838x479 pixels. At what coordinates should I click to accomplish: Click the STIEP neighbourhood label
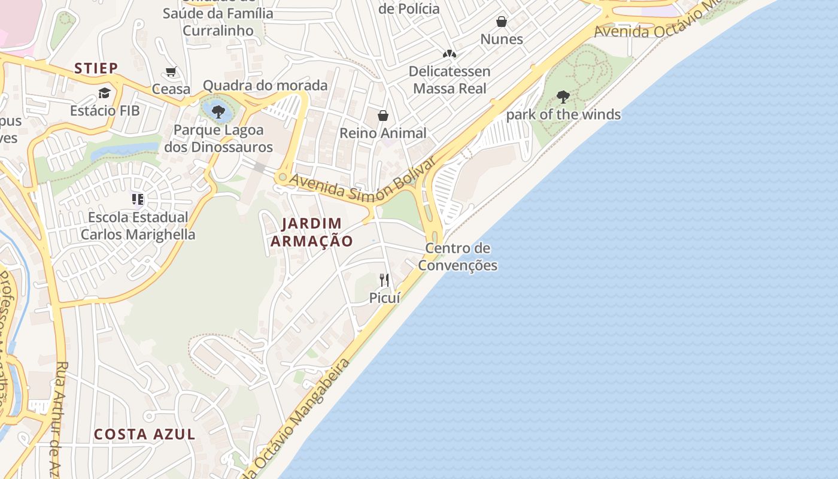pyautogui.click(x=96, y=68)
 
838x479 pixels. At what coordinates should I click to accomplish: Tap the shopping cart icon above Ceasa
pyautogui.click(x=171, y=72)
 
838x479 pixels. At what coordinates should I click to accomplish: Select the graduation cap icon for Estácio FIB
pyautogui.click(x=105, y=93)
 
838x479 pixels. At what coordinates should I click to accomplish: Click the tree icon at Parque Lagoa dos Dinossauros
pyautogui.click(x=218, y=111)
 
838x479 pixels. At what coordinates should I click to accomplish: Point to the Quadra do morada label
pyautogui.click(x=265, y=86)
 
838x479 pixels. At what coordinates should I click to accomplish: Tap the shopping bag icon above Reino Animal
pyautogui.click(x=383, y=116)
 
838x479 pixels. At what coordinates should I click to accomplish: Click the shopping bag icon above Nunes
pyautogui.click(x=502, y=22)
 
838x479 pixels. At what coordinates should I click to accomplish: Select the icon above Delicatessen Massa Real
pyautogui.click(x=450, y=54)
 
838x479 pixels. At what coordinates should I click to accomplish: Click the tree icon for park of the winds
pyautogui.click(x=563, y=96)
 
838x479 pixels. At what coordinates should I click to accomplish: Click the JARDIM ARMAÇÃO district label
pyautogui.click(x=311, y=232)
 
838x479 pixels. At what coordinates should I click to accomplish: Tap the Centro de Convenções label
pyautogui.click(x=458, y=256)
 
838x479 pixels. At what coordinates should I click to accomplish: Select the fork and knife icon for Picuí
pyautogui.click(x=384, y=280)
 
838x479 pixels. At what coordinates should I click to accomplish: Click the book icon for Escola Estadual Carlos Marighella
pyautogui.click(x=138, y=199)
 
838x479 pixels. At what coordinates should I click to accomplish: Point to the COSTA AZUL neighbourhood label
pyautogui.click(x=145, y=434)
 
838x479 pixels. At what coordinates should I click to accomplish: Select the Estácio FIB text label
pyautogui.click(x=105, y=111)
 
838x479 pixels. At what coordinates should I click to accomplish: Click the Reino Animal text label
pyautogui.click(x=383, y=133)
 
